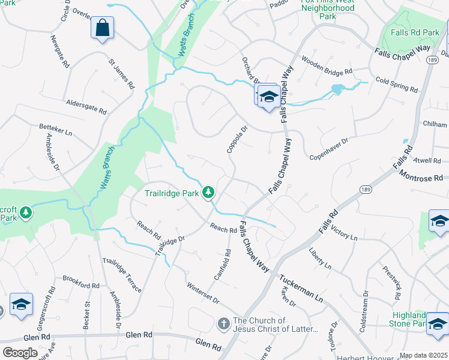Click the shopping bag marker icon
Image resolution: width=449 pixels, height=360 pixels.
click(x=103, y=27)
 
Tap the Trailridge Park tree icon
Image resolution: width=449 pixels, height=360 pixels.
click(x=208, y=192)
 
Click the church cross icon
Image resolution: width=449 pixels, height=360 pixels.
click(x=223, y=324)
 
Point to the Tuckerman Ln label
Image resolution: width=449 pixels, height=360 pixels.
click(x=302, y=289)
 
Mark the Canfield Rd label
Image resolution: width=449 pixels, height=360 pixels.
click(x=223, y=265)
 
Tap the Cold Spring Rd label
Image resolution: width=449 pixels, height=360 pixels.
click(x=396, y=84)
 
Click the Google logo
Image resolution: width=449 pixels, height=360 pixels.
click(x=20, y=352)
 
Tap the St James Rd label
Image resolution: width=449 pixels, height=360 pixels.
click(x=120, y=70)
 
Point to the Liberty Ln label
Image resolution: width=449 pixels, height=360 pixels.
click(x=320, y=257)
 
